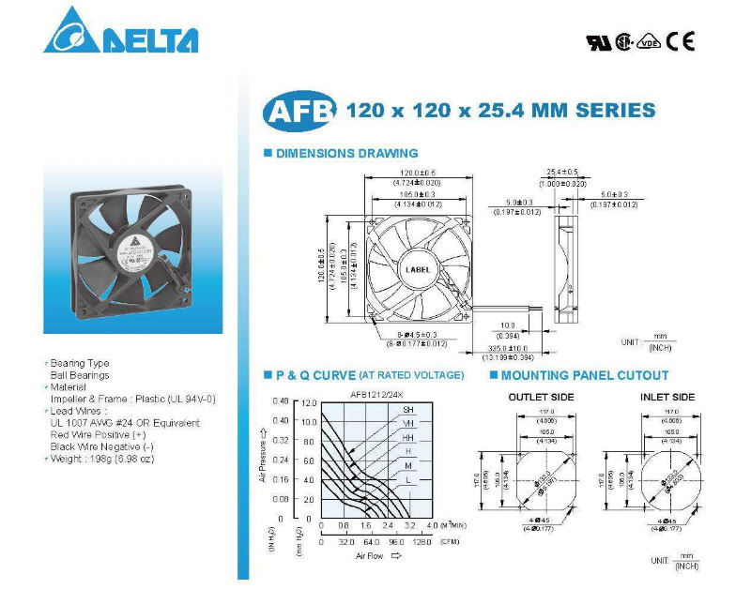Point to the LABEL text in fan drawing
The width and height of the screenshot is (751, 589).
click(418, 269)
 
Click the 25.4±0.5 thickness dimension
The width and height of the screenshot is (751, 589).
click(562, 173)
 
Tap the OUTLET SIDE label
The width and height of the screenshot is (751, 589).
click(541, 398)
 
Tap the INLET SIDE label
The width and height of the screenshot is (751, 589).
click(667, 398)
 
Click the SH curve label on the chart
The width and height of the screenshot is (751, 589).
click(408, 410)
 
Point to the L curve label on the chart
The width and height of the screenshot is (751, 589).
click(408, 480)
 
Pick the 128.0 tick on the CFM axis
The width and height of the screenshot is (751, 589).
click(421, 542)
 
